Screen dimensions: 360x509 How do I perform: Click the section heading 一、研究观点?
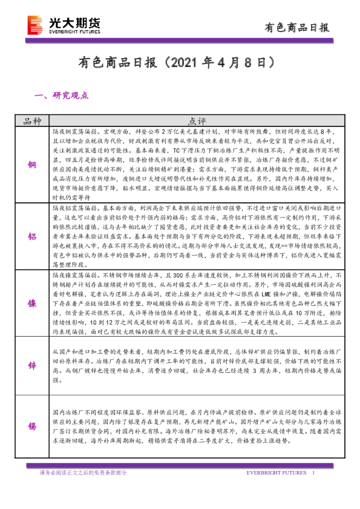[x=63, y=95]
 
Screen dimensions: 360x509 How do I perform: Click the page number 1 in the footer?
[x=313, y=473]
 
